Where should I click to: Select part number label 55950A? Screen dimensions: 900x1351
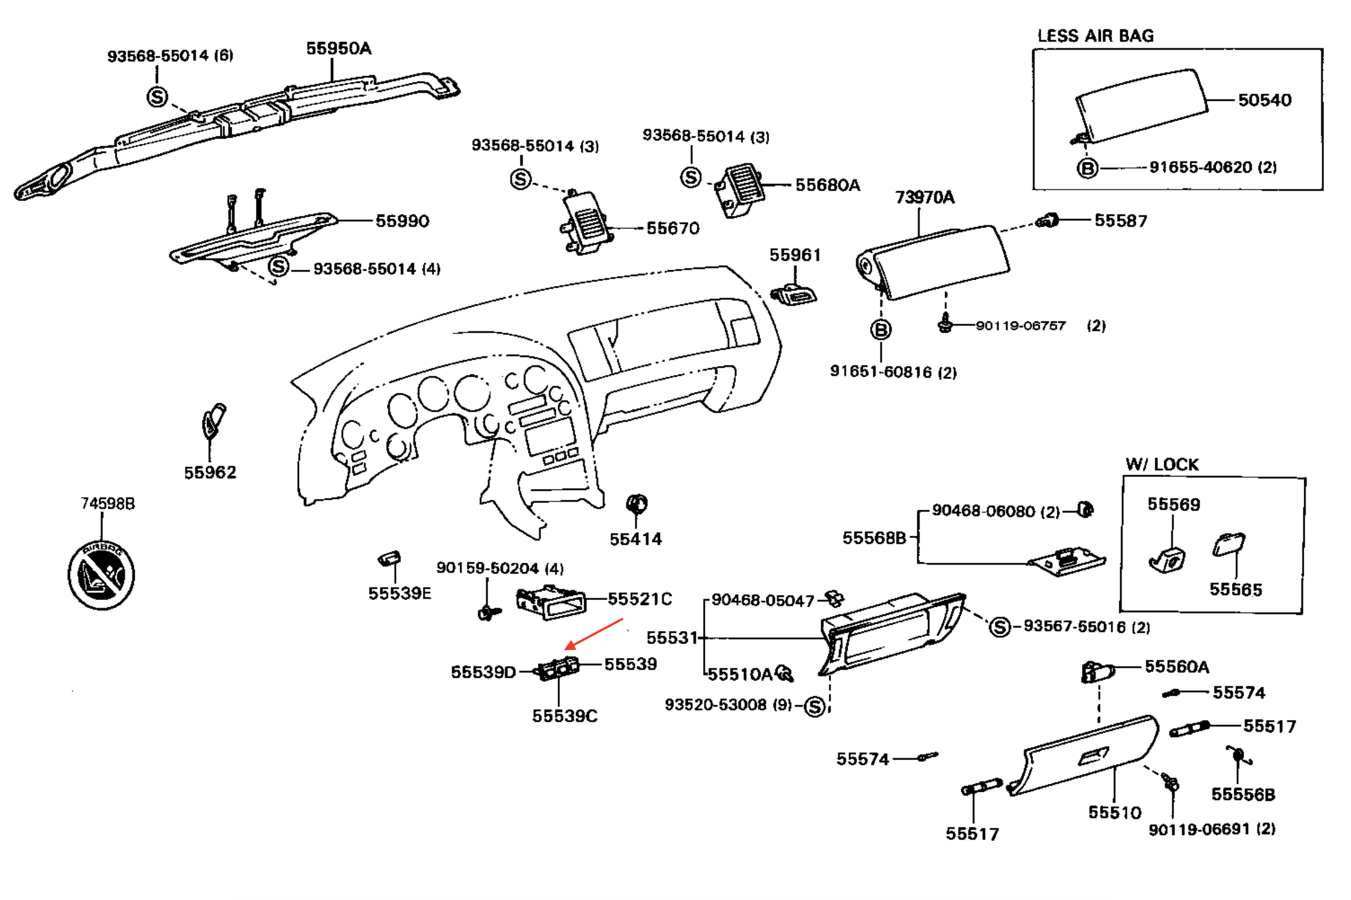point(339,48)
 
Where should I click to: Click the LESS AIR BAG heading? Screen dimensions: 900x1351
point(1095,36)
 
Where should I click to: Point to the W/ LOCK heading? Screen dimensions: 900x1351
point(1162,464)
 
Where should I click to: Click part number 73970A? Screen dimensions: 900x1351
point(925,197)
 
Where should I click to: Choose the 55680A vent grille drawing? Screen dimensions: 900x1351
point(740,189)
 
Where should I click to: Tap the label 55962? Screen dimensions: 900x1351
point(210,473)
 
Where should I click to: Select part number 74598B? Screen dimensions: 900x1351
point(108,504)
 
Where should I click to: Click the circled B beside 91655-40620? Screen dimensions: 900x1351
point(1087,168)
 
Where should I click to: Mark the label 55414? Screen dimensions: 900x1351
point(635,539)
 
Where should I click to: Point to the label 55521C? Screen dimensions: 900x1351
point(639,599)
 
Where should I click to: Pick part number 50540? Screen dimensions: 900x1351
point(1264,100)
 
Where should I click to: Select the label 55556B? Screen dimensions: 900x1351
point(1243,795)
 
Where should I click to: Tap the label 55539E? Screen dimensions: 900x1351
point(399,593)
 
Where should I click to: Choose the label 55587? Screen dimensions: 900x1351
point(1120,220)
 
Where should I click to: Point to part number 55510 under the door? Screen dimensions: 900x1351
point(1115,812)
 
